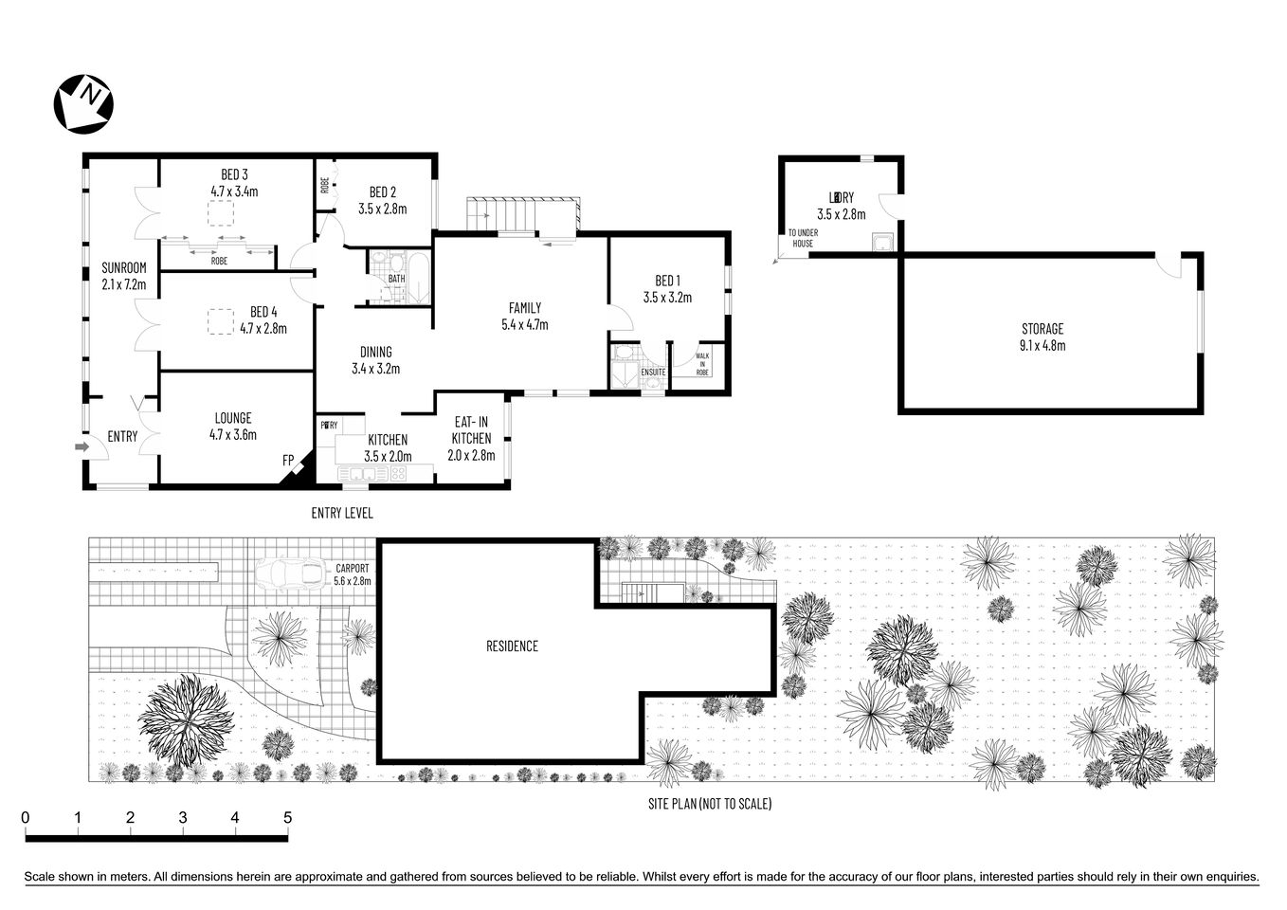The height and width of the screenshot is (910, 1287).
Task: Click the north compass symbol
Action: click(x=84, y=102)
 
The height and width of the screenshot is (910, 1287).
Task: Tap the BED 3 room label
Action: click(x=234, y=174)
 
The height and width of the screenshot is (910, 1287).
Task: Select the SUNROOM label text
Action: click(x=124, y=267)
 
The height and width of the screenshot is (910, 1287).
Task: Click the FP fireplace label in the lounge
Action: click(x=288, y=461)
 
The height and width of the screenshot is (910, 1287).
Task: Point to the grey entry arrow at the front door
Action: click(x=82, y=446)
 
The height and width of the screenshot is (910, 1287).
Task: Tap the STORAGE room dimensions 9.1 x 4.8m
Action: click(x=1042, y=346)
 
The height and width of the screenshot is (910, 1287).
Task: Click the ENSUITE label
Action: click(x=653, y=373)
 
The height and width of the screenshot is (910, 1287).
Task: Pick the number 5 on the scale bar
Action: click(x=287, y=818)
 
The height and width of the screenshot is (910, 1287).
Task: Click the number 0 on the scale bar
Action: click(x=26, y=818)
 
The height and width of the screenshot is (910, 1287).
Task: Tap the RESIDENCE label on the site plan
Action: click(x=512, y=646)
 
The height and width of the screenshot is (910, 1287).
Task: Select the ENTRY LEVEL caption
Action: click(x=342, y=513)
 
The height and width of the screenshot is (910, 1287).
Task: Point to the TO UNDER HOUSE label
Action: click(x=803, y=238)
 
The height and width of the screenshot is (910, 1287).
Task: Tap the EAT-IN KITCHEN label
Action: click(x=471, y=430)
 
